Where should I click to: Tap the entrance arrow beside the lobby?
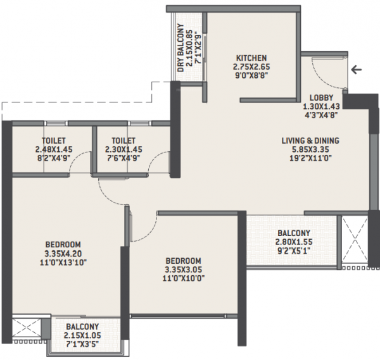358,70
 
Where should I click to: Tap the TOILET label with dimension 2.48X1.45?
54,141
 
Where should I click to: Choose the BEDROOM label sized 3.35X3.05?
184,261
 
